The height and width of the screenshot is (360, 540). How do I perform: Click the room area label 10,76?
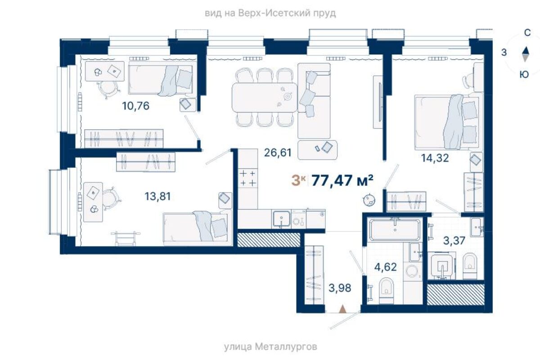(x=136, y=106)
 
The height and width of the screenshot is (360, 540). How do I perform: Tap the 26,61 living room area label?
(x=278, y=153)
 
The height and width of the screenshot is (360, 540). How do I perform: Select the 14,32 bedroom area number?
(x=435, y=158)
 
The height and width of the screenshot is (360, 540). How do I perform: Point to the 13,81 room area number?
(x=157, y=196)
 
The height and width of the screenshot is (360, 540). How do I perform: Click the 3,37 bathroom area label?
(x=454, y=241)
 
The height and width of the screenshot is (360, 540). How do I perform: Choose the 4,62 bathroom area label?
(x=386, y=267)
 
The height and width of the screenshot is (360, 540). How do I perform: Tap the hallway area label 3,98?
(x=340, y=288)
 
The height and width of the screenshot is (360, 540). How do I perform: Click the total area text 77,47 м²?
(x=342, y=180)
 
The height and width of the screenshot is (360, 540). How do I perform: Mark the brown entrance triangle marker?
(x=342, y=309)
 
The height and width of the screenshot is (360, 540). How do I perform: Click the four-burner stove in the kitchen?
(x=248, y=179)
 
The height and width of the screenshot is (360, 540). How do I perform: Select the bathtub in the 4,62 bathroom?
(x=395, y=230)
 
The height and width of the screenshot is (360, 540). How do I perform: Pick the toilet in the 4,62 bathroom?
(x=386, y=291)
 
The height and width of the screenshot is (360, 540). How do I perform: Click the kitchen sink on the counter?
(x=281, y=219)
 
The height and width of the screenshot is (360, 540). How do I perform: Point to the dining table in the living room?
(x=265, y=97)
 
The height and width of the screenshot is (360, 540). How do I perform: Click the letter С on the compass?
(x=527, y=33)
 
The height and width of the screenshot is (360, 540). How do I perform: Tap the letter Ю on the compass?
(x=524, y=75)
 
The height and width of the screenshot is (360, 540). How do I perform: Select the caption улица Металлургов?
(x=270, y=347)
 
